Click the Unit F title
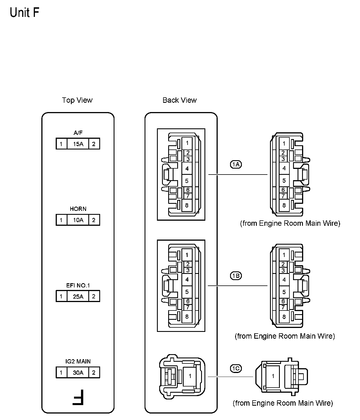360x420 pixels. point(24,13)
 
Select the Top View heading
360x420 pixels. point(77,100)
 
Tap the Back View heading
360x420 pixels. point(179,100)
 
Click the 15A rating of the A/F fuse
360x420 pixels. point(78,144)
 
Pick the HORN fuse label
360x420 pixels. point(78,209)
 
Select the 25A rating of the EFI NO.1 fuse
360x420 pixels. point(78,296)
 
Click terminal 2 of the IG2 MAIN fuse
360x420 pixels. point(94,373)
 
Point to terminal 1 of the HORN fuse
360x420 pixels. point(61,220)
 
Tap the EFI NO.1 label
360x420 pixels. point(78,285)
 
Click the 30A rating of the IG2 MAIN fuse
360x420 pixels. point(78,373)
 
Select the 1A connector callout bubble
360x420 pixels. point(236,164)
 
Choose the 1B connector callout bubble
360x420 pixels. point(236,276)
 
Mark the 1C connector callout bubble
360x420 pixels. point(236,368)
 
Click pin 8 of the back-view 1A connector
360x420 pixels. point(187,205)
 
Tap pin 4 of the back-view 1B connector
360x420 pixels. point(187,280)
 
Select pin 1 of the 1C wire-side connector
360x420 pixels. point(273,376)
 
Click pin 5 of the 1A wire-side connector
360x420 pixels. point(284,181)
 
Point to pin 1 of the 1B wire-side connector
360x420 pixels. point(284,255)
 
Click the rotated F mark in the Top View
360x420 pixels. point(78,397)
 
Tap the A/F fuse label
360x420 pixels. point(78,133)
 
